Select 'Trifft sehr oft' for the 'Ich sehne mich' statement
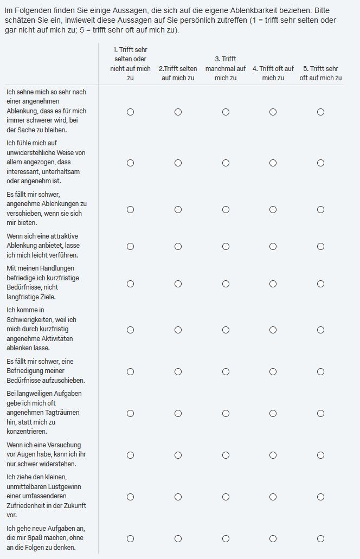(x=320, y=112)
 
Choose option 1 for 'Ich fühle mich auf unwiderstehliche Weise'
(x=130, y=163)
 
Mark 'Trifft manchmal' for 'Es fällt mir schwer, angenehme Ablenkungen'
(x=226, y=209)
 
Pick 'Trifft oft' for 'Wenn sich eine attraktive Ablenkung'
(x=273, y=246)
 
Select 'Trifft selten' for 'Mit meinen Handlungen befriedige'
(x=178, y=284)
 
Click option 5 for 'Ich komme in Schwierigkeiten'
(x=320, y=330)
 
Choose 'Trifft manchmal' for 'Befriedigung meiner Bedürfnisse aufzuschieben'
(x=226, y=371)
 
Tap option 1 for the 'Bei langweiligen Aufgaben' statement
(x=130, y=413)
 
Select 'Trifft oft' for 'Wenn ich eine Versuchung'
(x=273, y=455)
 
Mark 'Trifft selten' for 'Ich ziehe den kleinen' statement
(x=178, y=497)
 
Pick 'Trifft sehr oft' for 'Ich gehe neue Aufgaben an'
(x=320, y=538)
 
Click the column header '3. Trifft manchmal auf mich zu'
(x=226, y=68)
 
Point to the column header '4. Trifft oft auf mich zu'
(x=273, y=73)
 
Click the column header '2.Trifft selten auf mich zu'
(x=178, y=73)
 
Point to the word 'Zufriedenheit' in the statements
(x=26, y=506)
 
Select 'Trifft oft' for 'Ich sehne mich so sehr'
(x=273, y=112)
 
